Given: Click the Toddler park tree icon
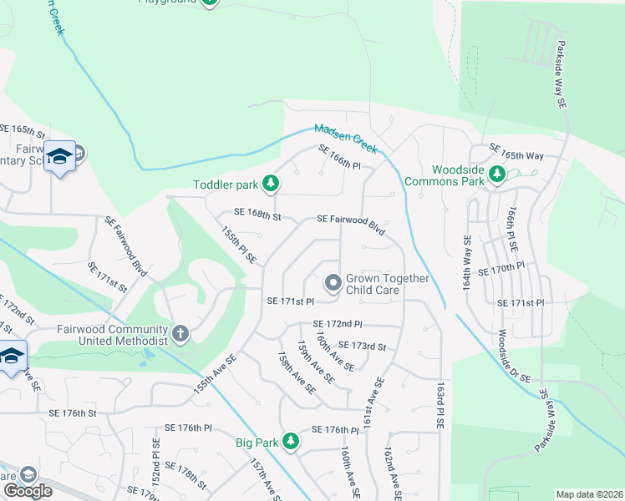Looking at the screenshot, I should (x=270, y=182).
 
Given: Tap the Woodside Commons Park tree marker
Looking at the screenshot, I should (x=497, y=174).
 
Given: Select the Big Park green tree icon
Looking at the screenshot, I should (x=290, y=440).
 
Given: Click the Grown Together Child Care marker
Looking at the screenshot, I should (x=333, y=284).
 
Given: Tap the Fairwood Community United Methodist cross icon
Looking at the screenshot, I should (x=180, y=334).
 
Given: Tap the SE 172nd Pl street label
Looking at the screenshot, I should (x=338, y=323).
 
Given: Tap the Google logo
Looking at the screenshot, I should (x=28, y=491).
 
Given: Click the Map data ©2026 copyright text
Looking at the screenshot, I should (x=588, y=494).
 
